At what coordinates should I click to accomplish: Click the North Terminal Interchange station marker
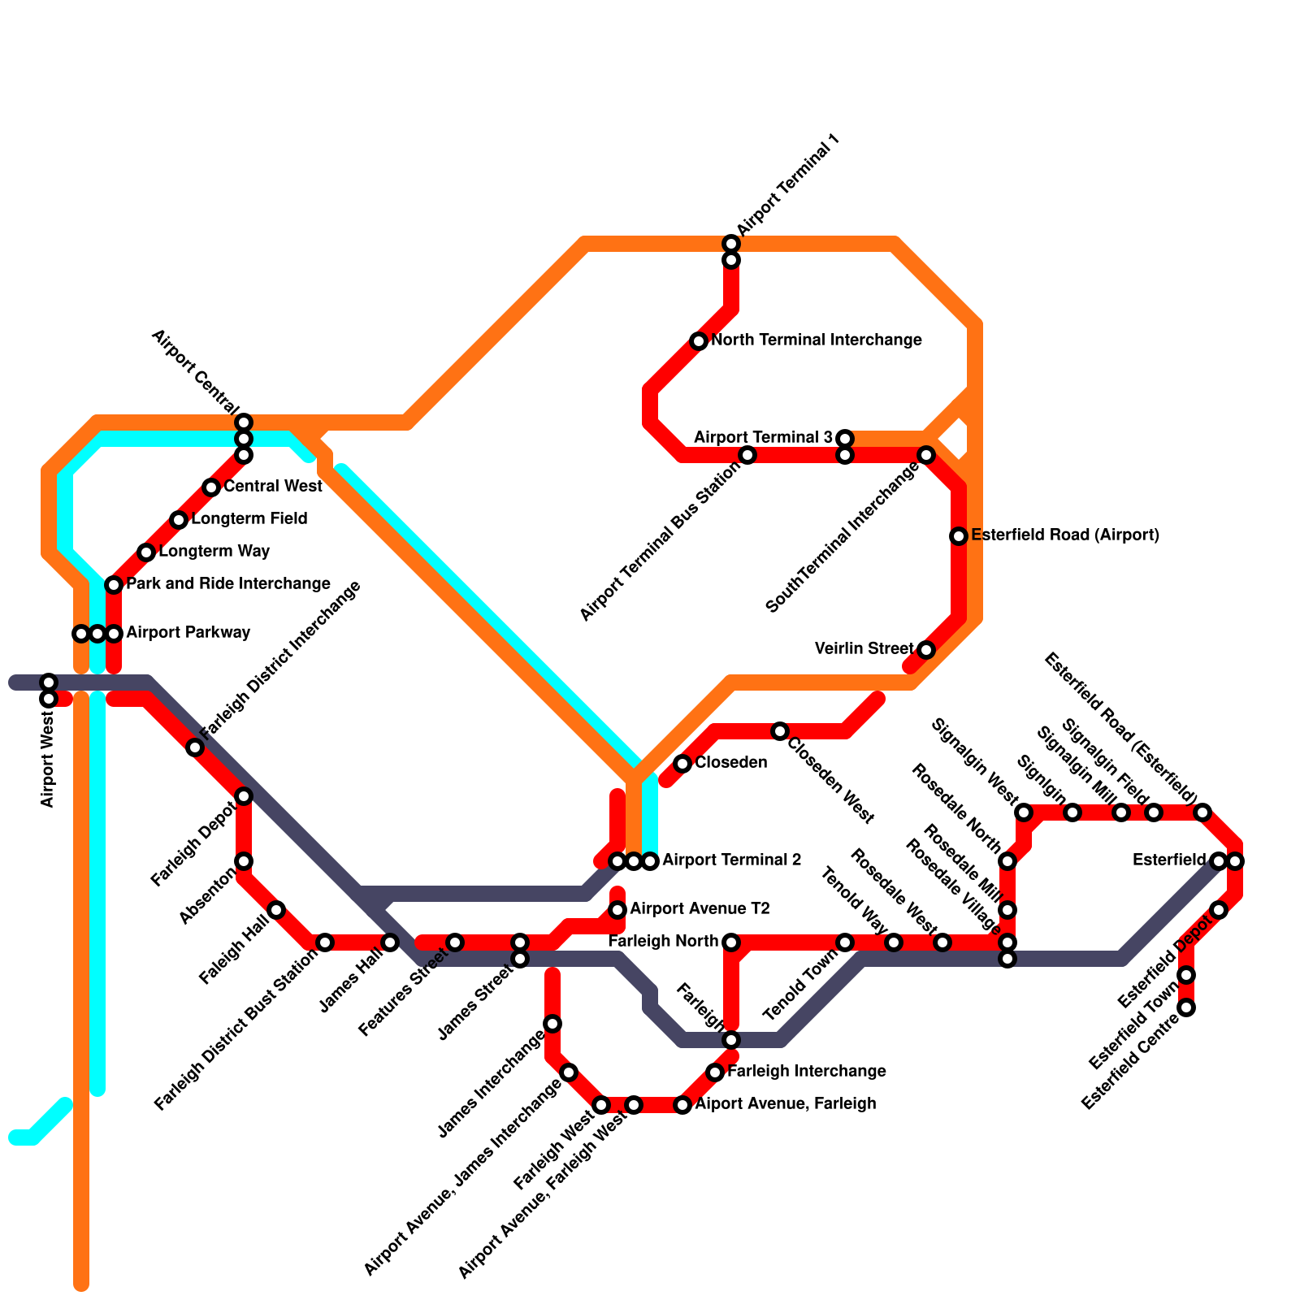tap(699, 341)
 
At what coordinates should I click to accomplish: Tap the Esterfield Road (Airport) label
tap(1064, 535)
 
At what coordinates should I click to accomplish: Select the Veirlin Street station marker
tap(926, 650)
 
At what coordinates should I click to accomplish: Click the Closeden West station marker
tap(780, 731)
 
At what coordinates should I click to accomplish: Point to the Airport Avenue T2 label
tap(700, 908)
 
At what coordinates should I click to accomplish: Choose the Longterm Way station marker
tap(146, 552)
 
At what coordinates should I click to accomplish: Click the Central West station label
tap(273, 487)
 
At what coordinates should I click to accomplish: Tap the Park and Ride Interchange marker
tap(114, 585)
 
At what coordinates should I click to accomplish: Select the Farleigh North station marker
tap(731, 942)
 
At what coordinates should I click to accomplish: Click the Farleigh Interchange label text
tap(806, 1072)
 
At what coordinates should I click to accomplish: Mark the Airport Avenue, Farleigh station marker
tap(682, 1105)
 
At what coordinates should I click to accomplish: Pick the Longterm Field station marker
tap(179, 520)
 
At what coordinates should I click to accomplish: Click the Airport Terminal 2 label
tap(732, 860)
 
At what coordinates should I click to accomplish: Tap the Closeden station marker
tap(682, 764)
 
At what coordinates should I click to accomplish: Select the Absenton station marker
tap(244, 861)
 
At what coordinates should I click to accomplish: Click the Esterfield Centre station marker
tap(1186, 1008)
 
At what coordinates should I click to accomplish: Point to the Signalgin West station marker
tap(1024, 812)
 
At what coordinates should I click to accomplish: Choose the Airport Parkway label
tap(188, 632)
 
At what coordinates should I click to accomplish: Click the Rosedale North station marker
tap(1007, 861)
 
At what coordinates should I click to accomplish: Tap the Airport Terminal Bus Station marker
tap(747, 455)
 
